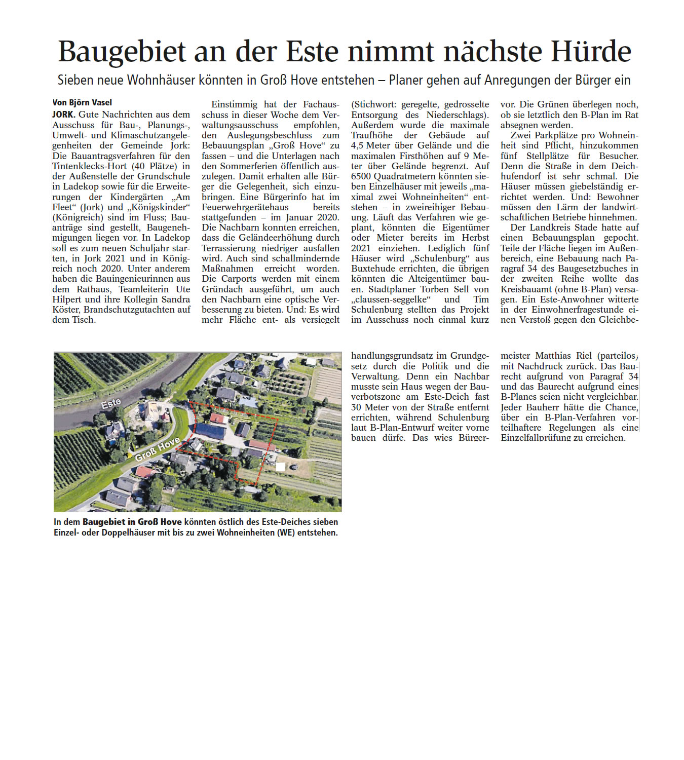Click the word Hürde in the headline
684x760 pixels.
click(591, 52)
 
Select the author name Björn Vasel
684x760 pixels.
click(89, 102)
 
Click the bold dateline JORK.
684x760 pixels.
click(63, 115)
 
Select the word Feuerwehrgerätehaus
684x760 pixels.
click(245, 207)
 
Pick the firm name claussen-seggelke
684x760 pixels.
click(391, 299)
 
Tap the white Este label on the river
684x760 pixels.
click(111, 403)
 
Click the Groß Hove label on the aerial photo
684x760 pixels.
click(158, 449)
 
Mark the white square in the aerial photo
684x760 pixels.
click(280, 467)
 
